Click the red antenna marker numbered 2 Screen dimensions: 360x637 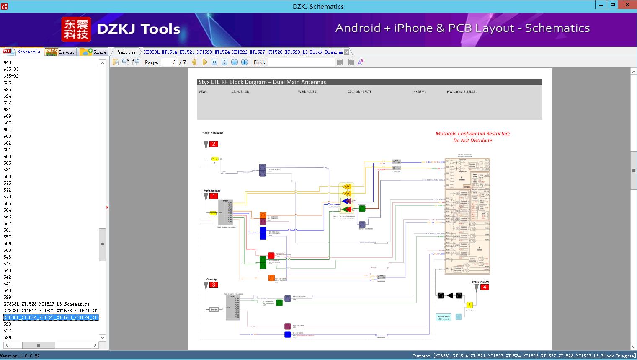point(214,144)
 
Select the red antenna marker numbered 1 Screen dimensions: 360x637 point(214,196)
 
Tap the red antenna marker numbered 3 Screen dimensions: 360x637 point(214,285)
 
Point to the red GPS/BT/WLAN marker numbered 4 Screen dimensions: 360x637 point(485,287)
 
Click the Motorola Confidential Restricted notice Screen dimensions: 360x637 point(472,137)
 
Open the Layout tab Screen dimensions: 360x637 point(61,52)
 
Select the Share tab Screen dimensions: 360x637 point(94,52)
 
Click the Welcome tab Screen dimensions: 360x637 point(126,52)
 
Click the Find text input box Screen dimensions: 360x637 point(301,62)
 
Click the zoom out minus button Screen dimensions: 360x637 point(235,62)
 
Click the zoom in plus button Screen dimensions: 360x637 point(245,62)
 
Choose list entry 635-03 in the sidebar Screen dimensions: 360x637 point(11,69)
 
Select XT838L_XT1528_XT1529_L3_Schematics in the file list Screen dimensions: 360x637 point(46,304)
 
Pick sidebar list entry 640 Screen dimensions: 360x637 point(8,62)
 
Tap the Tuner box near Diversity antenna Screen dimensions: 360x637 point(214,309)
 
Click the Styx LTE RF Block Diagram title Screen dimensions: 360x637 point(262,82)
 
